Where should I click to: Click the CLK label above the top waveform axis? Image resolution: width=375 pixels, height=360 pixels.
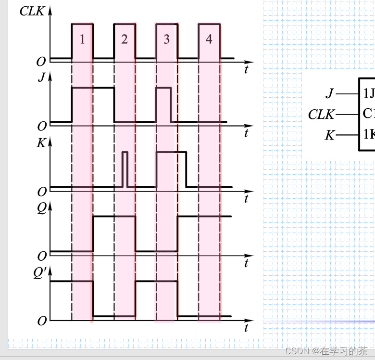click(x=32, y=11)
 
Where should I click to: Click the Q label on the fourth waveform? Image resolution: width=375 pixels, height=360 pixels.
click(x=42, y=207)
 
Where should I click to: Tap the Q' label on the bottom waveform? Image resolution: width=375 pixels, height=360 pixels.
click(x=40, y=273)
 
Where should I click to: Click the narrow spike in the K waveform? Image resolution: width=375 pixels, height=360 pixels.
click(x=125, y=168)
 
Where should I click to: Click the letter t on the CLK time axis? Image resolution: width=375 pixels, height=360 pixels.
click(x=246, y=69)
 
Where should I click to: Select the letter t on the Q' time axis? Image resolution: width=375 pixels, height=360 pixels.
click(x=246, y=328)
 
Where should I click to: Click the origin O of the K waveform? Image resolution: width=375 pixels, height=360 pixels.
click(x=42, y=192)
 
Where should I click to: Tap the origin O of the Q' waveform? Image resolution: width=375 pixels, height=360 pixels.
click(x=42, y=321)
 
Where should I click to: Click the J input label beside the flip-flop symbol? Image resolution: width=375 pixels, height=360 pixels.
click(x=329, y=93)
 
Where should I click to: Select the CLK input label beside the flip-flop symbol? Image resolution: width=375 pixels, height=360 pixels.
click(x=321, y=115)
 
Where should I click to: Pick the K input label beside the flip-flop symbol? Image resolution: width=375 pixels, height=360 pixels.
click(x=329, y=135)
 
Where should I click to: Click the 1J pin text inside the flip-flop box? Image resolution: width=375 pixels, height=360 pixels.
click(x=369, y=93)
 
